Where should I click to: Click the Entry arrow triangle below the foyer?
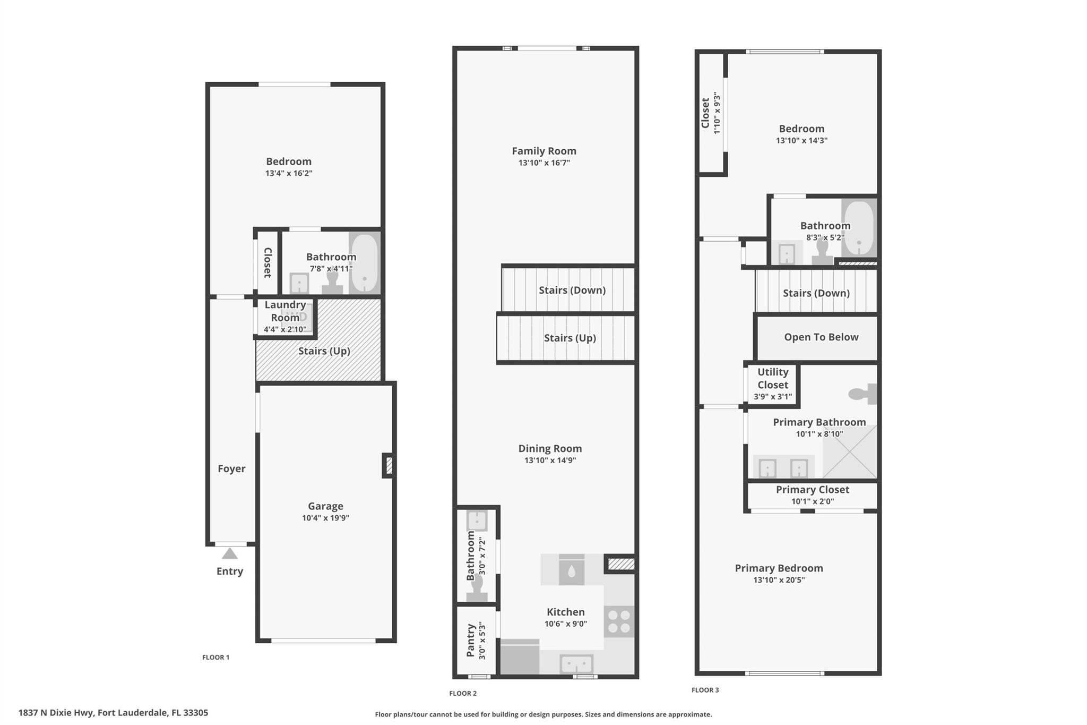[229, 553]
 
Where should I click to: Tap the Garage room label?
[325, 506]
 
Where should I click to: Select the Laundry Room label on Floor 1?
[285, 311]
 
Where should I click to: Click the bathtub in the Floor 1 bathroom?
[365, 263]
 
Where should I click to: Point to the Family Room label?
[544, 151]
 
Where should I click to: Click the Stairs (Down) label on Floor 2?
[572, 290]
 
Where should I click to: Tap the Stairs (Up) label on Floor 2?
[570, 338]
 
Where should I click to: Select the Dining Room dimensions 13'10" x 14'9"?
[550, 460]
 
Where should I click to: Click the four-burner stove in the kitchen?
[619, 621]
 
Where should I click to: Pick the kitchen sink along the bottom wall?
[577, 664]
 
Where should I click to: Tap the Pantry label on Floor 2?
[471, 640]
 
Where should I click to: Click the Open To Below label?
[821, 337]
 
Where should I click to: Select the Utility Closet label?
[773, 378]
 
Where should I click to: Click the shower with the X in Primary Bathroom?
[850, 451]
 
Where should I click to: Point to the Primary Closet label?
[813, 490]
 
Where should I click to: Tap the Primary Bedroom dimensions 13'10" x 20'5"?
[779, 580]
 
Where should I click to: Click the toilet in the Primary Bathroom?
[862, 394]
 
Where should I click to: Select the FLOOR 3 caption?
[705, 690]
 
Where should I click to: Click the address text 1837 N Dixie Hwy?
[56, 713]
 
